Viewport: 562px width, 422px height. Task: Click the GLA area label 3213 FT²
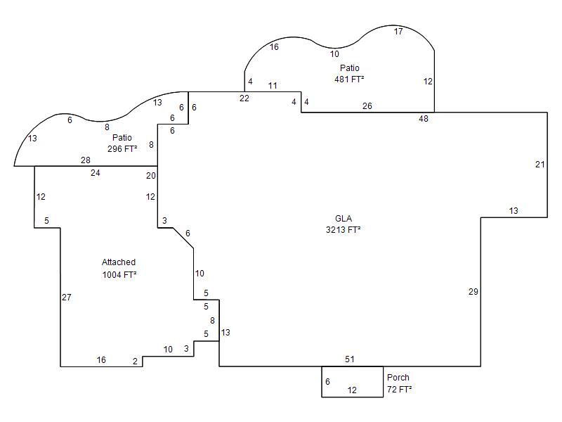pyautogui.click(x=339, y=229)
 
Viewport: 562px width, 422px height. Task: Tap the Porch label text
pyautogui.click(x=398, y=378)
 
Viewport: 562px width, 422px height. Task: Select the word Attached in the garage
pyautogui.click(x=119, y=262)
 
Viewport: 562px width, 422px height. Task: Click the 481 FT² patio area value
pyautogui.click(x=349, y=79)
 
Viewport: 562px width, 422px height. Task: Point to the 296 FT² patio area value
pyautogui.click(x=122, y=148)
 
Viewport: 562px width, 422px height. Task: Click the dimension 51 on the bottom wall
pyautogui.click(x=350, y=359)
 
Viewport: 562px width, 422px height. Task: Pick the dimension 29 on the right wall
pyautogui.click(x=473, y=291)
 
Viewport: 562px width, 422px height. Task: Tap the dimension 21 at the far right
pyautogui.click(x=540, y=165)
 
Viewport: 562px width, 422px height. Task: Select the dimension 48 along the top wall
pyautogui.click(x=424, y=119)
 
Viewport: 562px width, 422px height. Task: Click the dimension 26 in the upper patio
pyautogui.click(x=367, y=106)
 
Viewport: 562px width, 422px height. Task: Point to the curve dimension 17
pyautogui.click(x=398, y=32)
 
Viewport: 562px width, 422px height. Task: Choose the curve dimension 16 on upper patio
pyautogui.click(x=274, y=47)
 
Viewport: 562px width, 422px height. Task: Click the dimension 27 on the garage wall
pyautogui.click(x=67, y=298)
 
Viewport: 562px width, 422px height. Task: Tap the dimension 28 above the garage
pyautogui.click(x=86, y=160)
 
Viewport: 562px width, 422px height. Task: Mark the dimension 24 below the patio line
pyautogui.click(x=96, y=172)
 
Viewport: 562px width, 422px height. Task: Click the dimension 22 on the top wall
pyautogui.click(x=244, y=98)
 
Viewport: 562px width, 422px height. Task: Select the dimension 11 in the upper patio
pyautogui.click(x=273, y=86)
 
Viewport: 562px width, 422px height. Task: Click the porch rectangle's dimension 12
pyautogui.click(x=352, y=390)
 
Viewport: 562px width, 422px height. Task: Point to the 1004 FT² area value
pyautogui.click(x=119, y=274)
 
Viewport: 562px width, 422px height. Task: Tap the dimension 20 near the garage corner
pyautogui.click(x=151, y=176)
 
